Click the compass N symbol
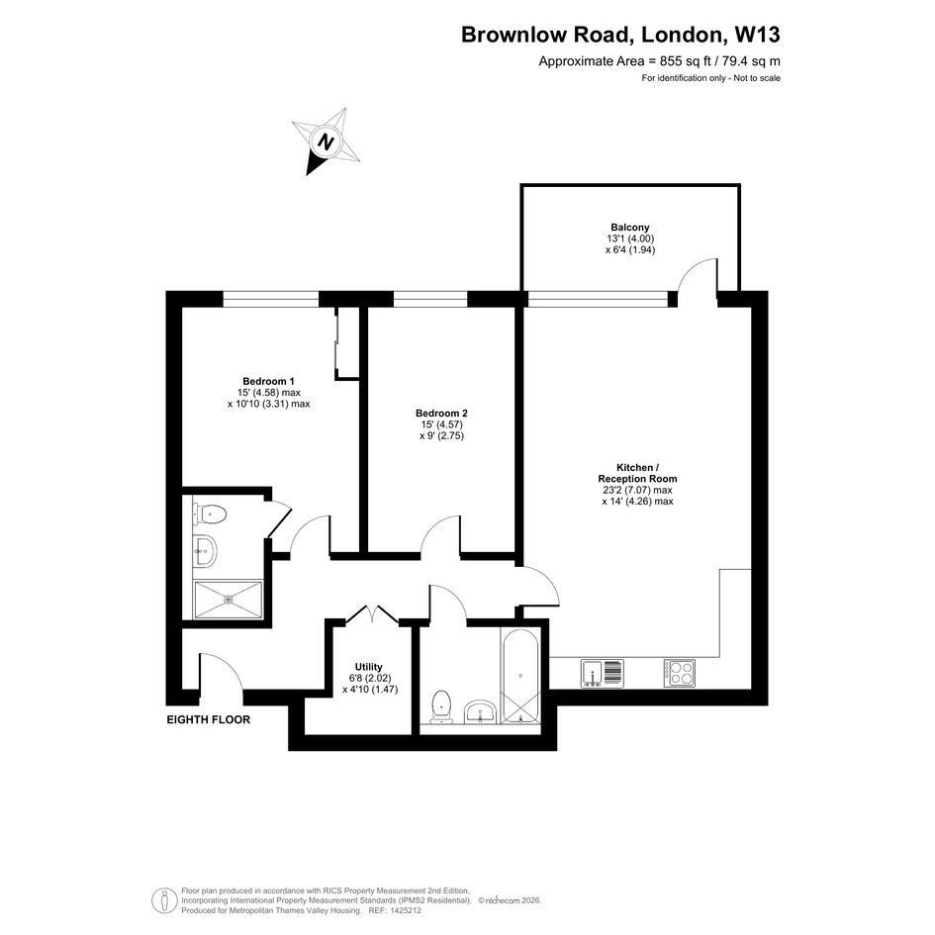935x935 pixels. pos(326,141)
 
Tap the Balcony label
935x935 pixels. pos(629,228)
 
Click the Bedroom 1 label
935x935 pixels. pos(268,381)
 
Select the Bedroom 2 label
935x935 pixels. pos(441,414)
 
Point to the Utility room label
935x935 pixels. pos(368,667)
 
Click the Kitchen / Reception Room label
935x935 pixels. pos(637,473)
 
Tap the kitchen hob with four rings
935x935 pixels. pos(680,673)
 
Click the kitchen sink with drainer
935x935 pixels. pos(603,673)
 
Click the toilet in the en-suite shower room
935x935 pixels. pos(209,514)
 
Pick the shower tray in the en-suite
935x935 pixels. pos(228,600)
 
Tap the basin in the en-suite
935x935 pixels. pos(205,551)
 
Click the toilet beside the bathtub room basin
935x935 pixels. pos(441,707)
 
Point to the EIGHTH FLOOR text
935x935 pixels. pos(208,719)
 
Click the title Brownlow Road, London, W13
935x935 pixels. pos(620,35)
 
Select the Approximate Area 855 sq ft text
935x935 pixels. pos(660,60)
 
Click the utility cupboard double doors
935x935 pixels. pos(371,614)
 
